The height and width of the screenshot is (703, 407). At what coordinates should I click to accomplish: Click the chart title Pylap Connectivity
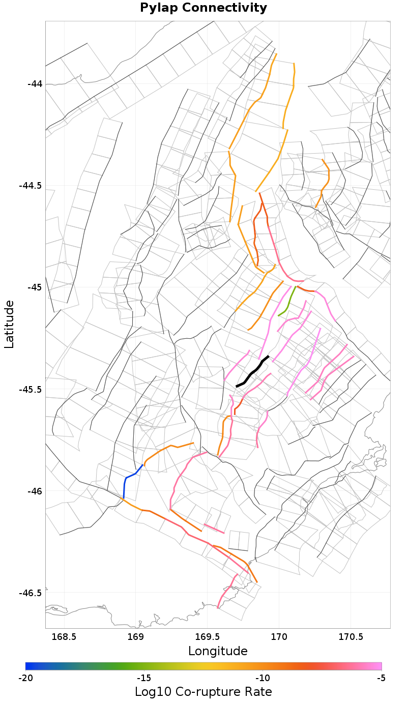coord(203,8)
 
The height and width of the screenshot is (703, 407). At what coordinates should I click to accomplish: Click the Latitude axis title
coord(10,324)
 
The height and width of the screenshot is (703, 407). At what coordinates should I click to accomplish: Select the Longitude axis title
coord(218,651)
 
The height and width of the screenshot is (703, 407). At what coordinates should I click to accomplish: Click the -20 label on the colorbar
coord(25,678)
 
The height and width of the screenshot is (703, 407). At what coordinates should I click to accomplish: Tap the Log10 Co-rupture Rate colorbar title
coord(203,692)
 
